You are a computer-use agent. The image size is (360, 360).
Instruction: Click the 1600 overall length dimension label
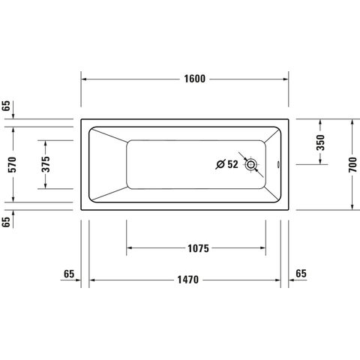click(195, 79)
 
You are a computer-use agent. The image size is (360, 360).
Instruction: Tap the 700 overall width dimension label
click(352, 165)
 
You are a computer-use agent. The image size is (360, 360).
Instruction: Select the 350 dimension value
click(320, 142)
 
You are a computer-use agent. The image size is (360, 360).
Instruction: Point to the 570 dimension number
click(12, 164)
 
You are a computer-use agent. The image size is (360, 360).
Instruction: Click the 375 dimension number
click(46, 164)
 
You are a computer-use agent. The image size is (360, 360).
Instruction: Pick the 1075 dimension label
click(198, 248)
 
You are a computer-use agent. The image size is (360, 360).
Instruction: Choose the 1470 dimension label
click(188, 280)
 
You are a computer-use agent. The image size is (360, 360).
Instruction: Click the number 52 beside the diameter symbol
click(232, 164)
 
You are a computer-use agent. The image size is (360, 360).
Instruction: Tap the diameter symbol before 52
click(220, 164)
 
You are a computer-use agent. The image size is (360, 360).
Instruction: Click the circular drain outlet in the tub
click(250, 164)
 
